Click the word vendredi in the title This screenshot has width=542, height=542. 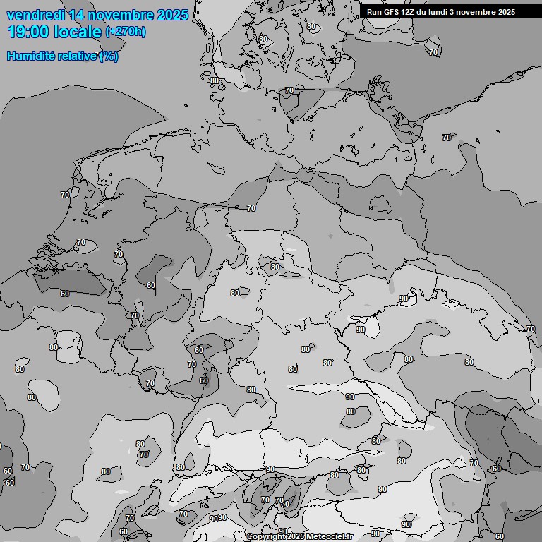[35, 15]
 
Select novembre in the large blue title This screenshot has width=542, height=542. [124, 15]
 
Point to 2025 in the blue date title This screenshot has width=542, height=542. [173, 15]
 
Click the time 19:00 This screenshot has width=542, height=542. [29, 32]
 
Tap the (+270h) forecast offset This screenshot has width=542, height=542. [126, 32]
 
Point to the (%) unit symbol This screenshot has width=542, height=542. [109, 56]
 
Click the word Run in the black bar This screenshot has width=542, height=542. [375, 12]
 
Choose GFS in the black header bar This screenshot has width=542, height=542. [393, 12]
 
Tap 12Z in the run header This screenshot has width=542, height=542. [411, 12]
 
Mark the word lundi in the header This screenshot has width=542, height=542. [443, 12]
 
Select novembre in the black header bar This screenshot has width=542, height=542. [479, 12]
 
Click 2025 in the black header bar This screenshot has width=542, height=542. [506, 12]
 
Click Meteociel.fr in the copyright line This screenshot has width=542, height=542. [330, 537]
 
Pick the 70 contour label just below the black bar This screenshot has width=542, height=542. [433, 52]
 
